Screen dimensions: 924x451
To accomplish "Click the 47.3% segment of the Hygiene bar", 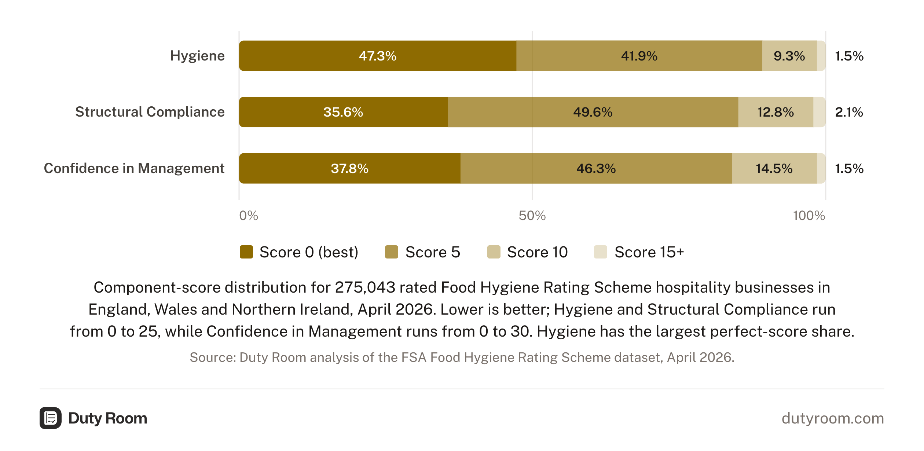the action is coord(378,56).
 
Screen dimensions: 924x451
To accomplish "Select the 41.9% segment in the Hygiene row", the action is coord(639,56).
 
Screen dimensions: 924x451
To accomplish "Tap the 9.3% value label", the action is coord(789,56).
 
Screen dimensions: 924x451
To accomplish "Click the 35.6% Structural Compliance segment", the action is coord(343,112).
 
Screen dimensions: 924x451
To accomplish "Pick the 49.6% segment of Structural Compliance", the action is coord(593,112).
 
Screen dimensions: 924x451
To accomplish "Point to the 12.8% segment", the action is coord(776,112).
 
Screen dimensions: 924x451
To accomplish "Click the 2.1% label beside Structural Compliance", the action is coord(849,112).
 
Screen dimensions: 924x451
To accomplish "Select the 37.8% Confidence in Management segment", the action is coord(350,168).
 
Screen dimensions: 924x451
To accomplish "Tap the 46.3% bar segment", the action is coord(596,168).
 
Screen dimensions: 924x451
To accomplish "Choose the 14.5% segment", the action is coord(774,168).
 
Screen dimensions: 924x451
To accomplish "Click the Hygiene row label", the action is coord(197,56).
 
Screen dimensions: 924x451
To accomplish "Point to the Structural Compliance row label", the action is coord(150,112).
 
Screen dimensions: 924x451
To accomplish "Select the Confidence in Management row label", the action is coord(134,168).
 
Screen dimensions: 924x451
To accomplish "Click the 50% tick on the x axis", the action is coord(532,216).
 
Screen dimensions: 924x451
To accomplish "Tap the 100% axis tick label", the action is coord(809,216).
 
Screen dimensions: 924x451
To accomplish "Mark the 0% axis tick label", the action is coord(249,216).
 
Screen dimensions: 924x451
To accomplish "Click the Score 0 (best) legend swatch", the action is coord(246,252).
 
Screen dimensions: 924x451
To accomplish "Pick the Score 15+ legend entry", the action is coord(639,252).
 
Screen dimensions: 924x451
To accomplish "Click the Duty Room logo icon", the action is coord(51,418).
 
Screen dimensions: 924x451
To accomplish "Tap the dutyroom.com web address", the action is coord(833,418).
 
